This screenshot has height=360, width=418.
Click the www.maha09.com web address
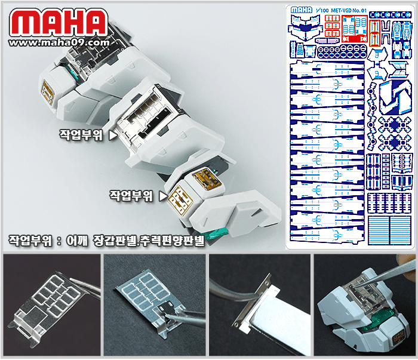tap(60, 42)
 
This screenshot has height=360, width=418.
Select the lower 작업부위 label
tap(131, 195)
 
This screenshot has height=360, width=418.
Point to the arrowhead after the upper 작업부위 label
tap(113, 136)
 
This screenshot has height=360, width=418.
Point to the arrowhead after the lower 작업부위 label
tap(162, 195)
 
